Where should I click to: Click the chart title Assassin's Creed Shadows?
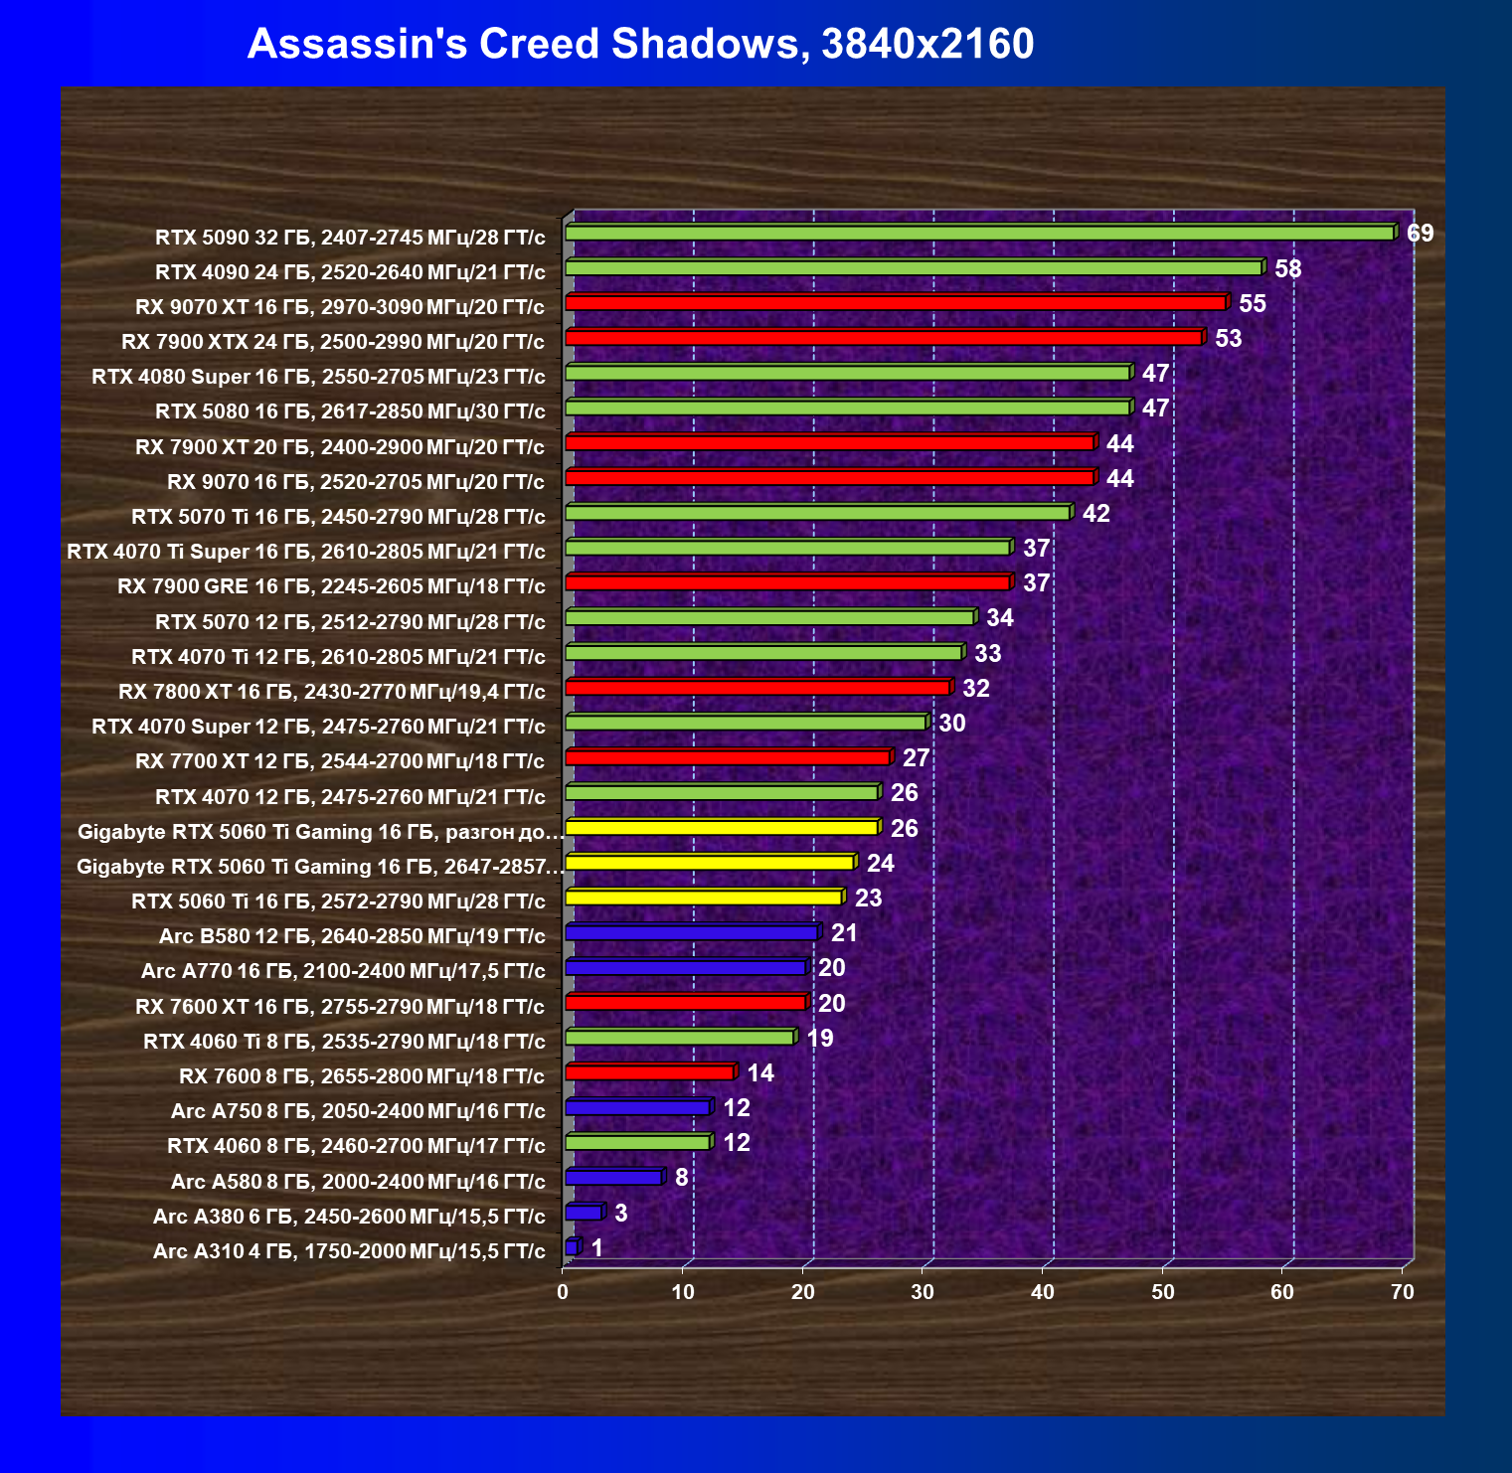click(x=640, y=44)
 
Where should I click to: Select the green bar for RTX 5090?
click(x=979, y=233)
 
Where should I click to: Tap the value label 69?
click(x=1421, y=234)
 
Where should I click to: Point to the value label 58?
click(x=1288, y=269)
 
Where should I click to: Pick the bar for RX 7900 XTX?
click(x=885, y=338)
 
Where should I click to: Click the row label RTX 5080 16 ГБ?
click(x=350, y=411)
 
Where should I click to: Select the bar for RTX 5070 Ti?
click(x=817, y=513)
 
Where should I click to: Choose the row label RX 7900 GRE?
click(x=331, y=586)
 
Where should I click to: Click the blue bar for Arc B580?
click(x=691, y=932)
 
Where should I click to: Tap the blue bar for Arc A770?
click(x=685, y=967)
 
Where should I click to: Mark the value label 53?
click(x=1229, y=339)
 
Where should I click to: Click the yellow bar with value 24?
click(x=709, y=862)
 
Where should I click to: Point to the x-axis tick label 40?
click(x=1043, y=1292)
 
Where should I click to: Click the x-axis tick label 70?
click(x=1403, y=1292)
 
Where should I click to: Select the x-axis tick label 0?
click(x=564, y=1292)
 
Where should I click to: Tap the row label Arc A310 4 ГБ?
click(x=349, y=1251)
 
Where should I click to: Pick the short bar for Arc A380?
click(x=583, y=1213)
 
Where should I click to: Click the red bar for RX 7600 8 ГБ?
click(x=649, y=1072)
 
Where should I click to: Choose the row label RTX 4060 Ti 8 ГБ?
click(x=344, y=1042)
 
